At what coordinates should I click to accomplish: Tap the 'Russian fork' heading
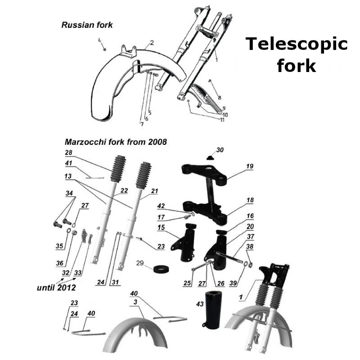(87, 25)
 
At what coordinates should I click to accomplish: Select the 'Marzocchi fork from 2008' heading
(116, 142)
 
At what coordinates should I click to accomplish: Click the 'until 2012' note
(56, 286)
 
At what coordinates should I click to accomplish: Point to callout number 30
(220, 149)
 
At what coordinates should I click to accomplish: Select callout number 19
(250, 166)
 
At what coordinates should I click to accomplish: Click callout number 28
(68, 153)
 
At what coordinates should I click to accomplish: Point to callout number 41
(68, 162)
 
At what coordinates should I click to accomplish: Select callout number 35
(59, 246)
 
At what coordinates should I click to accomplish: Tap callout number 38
(249, 247)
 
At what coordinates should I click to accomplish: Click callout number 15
(161, 229)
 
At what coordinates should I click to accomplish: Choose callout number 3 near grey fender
(135, 305)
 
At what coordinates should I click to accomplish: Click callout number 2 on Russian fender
(152, 43)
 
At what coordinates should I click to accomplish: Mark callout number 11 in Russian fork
(222, 120)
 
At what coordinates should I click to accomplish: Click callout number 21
(154, 191)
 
